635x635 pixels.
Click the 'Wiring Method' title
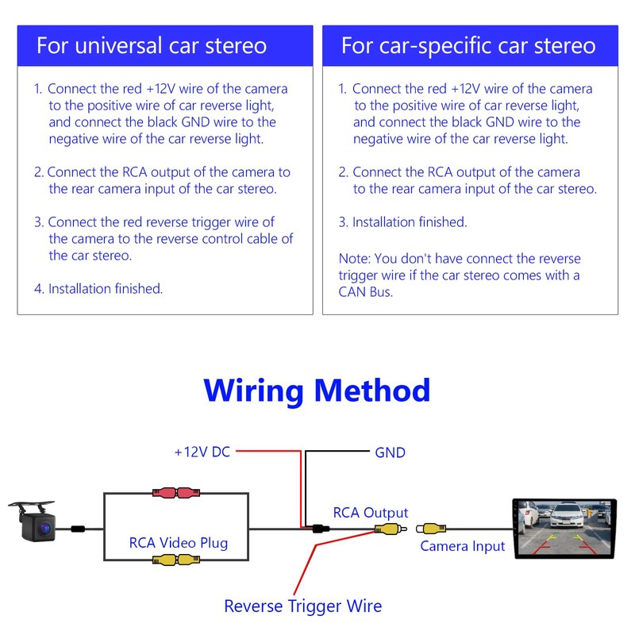point(317,391)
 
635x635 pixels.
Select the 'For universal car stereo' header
point(152,44)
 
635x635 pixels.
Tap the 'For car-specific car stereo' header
point(468,44)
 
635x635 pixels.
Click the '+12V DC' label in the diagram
point(202,452)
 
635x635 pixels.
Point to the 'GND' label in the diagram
point(390,452)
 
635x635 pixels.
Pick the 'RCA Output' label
point(370,513)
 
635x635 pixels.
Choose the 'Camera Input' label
point(462,546)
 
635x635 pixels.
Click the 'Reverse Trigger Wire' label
point(302,606)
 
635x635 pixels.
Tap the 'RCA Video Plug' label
point(178,544)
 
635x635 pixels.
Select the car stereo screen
point(564,528)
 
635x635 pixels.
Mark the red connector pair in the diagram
point(176,493)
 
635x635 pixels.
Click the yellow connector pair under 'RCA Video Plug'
point(176,560)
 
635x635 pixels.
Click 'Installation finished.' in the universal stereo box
point(106,289)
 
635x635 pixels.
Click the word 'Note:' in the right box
point(354,259)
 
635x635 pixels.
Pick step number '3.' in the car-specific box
point(343,222)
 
